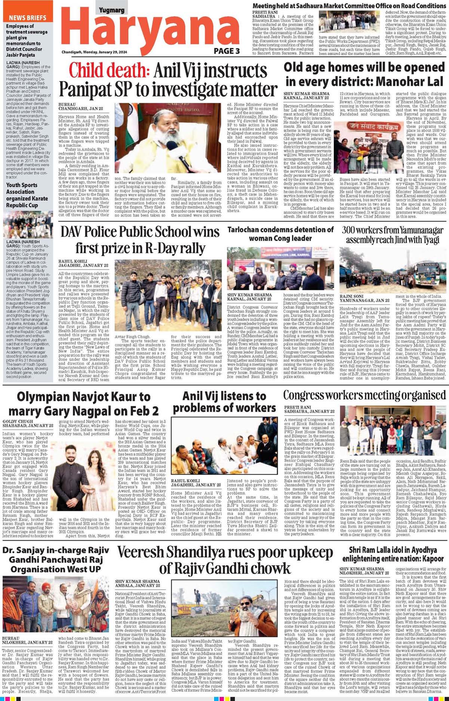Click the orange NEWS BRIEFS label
[x=28, y=18]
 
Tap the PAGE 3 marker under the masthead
[x=227, y=51]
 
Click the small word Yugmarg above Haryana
[x=111, y=10]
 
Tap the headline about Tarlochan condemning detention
[x=280, y=234]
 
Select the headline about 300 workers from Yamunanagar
[x=393, y=235]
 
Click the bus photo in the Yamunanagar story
[x=393, y=270]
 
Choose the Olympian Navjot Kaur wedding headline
[x=84, y=404]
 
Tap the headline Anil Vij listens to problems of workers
[x=224, y=402]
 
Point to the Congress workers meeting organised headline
[x=364, y=395]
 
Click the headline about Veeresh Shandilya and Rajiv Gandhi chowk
[x=225, y=560]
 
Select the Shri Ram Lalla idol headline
[x=393, y=554]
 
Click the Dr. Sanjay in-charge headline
[x=56, y=560]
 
